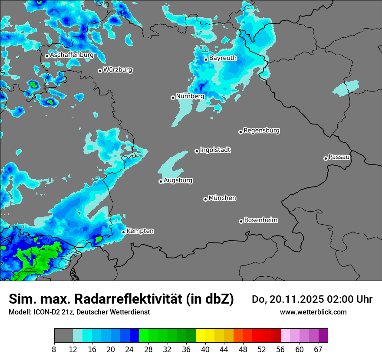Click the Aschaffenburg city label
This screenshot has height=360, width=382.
click(72, 55)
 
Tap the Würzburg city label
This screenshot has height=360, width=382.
click(118, 70)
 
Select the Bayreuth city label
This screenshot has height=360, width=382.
click(223, 58)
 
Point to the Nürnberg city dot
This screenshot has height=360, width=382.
click(173, 98)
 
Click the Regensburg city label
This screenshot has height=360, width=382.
click(261, 131)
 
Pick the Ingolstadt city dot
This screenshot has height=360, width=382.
click(197, 151)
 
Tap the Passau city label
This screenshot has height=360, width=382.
click(339, 157)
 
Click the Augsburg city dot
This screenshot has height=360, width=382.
click(161, 181)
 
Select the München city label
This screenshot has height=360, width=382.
click(222, 198)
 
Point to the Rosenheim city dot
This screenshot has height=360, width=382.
click(241, 221)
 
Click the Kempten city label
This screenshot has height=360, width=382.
click(140, 231)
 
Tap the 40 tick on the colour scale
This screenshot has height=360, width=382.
click(206, 350)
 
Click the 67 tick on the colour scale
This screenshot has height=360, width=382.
click(318, 350)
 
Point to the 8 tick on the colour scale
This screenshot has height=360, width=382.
click(54, 350)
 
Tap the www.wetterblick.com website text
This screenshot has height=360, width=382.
click(313, 312)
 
